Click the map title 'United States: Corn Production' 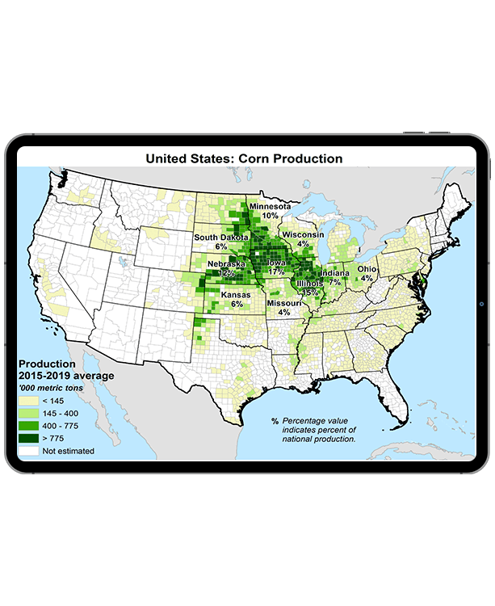pyautogui.click(x=244, y=158)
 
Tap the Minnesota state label pyautogui.click(x=271, y=206)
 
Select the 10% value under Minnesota pyautogui.click(x=271, y=216)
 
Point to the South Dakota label pyautogui.click(x=221, y=237)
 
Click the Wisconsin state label pyautogui.click(x=303, y=234)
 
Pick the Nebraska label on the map pyautogui.click(x=226, y=264)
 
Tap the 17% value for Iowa pyautogui.click(x=276, y=271)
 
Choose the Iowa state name pyautogui.click(x=276, y=263)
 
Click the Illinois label pyautogui.click(x=310, y=284)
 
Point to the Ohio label pyautogui.click(x=367, y=268)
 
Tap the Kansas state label pyautogui.click(x=235, y=295)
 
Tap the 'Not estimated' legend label pyautogui.click(x=68, y=451)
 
